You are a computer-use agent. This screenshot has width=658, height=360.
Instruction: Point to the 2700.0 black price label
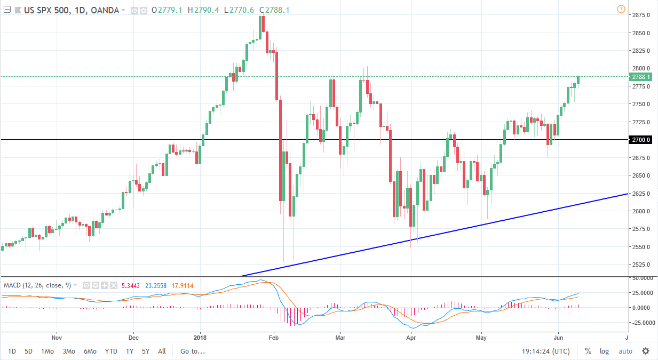[x=640, y=140]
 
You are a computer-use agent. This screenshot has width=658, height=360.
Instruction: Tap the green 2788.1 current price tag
[x=640, y=77]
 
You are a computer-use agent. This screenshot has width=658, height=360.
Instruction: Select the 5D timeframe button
[x=29, y=351]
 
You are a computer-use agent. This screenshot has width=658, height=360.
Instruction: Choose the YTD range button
[x=111, y=351]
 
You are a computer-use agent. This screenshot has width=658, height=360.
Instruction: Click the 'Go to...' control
[x=192, y=351]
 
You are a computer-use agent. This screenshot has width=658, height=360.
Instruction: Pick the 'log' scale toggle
[x=604, y=351]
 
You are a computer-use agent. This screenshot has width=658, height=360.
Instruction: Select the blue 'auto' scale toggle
[x=625, y=351]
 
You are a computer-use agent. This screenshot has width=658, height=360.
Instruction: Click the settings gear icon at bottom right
[x=646, y=351]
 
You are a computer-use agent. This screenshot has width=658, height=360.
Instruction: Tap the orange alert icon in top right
[x=620, y=9]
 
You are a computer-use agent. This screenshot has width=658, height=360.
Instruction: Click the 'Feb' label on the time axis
[x=274, y=337]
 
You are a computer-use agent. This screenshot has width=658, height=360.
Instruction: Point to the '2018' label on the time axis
[x=200, y=337]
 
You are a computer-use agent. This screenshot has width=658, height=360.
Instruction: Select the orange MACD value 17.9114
[x=188, y=285]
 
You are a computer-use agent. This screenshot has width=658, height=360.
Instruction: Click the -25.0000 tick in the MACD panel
[x=641, y=323]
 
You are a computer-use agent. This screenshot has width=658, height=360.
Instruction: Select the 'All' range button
[x=162, y=351]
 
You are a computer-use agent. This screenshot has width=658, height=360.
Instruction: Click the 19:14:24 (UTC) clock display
[x=546, y=351]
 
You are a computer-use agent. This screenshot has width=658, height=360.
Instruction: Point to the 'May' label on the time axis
[x=482, y=337]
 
